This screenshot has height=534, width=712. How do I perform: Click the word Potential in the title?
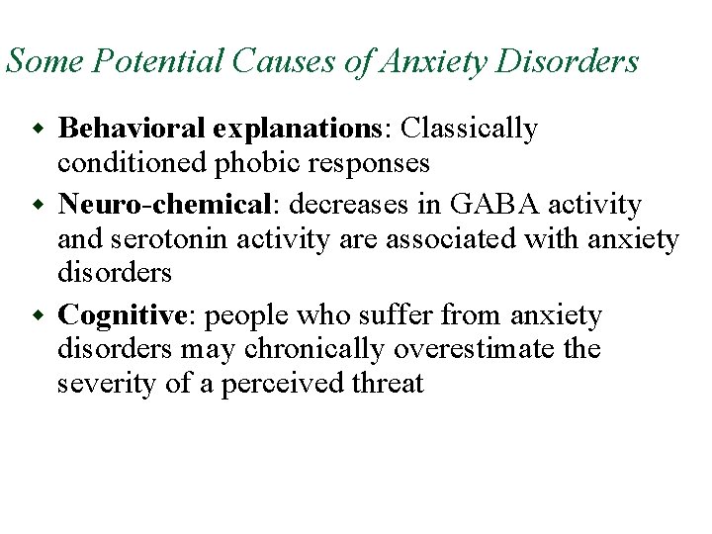[142, 62]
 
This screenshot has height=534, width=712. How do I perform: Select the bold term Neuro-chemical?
[165, 205]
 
